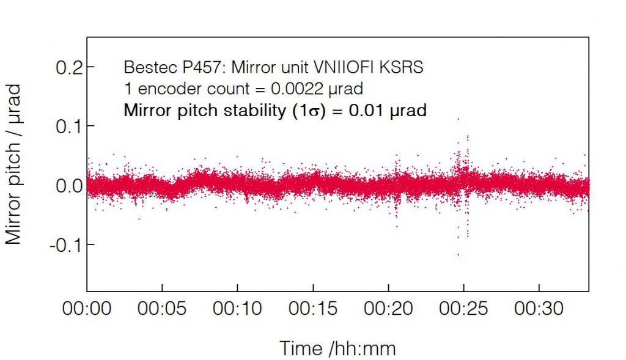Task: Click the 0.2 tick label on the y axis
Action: pyautogui.click(x=68, y=67)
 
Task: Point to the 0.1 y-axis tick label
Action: pyautogui.click(x=68, y=127)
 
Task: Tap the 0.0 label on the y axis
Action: pyautogui.click(x=68, y=186)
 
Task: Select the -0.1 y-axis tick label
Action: pyautogui.click(x=65, y=245)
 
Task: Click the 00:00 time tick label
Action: pyautogui.click(x=87, y=309)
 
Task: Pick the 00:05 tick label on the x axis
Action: pyautogui.click(x=162, y=309)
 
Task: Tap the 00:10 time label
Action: pyautogui.click(x=238, y=309)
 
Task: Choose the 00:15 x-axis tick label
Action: pyautogui.click(x=313, y=309)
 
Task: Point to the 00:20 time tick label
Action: pyautogui.click(x=388, y=309)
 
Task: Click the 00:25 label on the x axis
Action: pyautogui.click(x=464, y=309)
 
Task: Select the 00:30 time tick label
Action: pyautogui.click(x=539, y=309)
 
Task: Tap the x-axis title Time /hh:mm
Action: pyautogui.click(x=337, y=349)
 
